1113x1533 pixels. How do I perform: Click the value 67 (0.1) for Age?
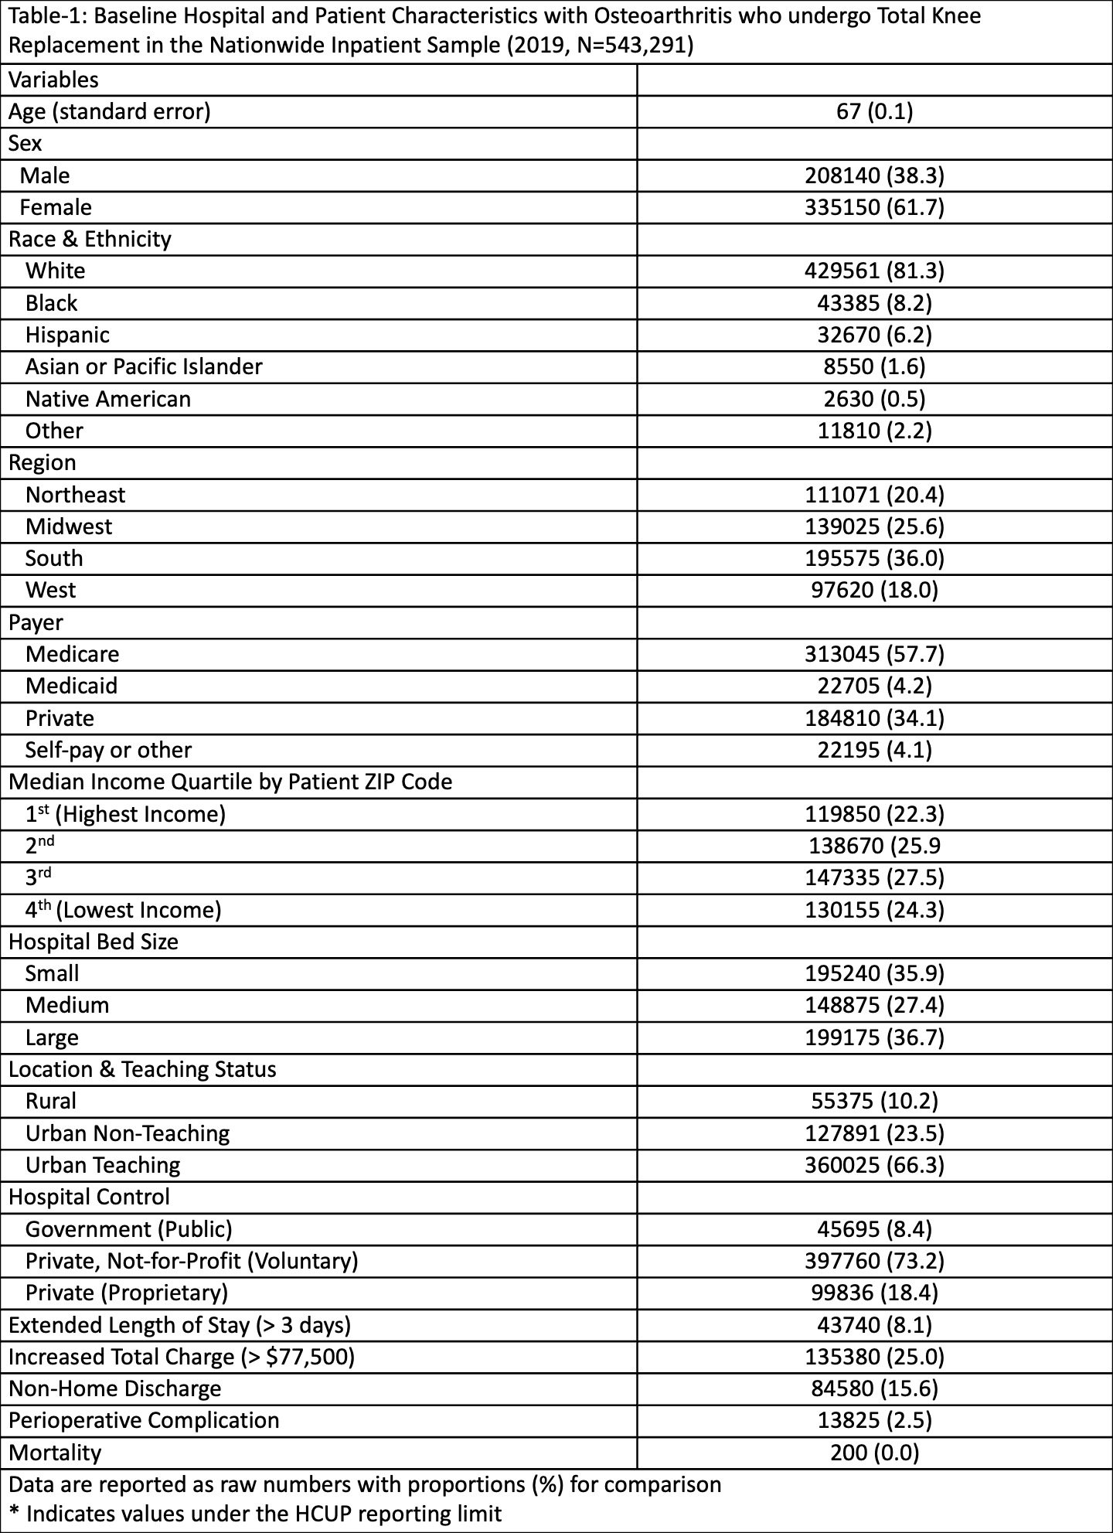874,112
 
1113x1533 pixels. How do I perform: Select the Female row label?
56,208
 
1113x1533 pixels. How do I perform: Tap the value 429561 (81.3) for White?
874,271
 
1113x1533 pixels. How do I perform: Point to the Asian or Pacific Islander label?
144,366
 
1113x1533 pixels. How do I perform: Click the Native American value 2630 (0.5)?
874,399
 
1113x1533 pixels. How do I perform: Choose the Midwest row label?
69,526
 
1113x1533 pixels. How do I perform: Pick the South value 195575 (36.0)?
874,558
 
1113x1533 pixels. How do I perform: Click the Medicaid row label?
72,686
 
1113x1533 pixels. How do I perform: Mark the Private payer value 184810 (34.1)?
874,718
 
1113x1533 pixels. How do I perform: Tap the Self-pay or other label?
108,750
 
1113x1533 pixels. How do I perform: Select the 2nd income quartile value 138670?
874,846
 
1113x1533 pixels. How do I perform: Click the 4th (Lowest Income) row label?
124,910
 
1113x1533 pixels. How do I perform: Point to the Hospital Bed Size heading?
94,942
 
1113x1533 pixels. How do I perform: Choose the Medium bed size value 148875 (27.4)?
874,1005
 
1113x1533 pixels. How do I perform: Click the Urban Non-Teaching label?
128,1133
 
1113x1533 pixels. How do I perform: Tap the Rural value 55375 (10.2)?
874,1101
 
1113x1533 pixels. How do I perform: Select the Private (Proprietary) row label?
127,1293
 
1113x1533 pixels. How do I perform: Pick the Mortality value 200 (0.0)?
874,1453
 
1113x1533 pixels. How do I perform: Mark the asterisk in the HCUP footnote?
14,1513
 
